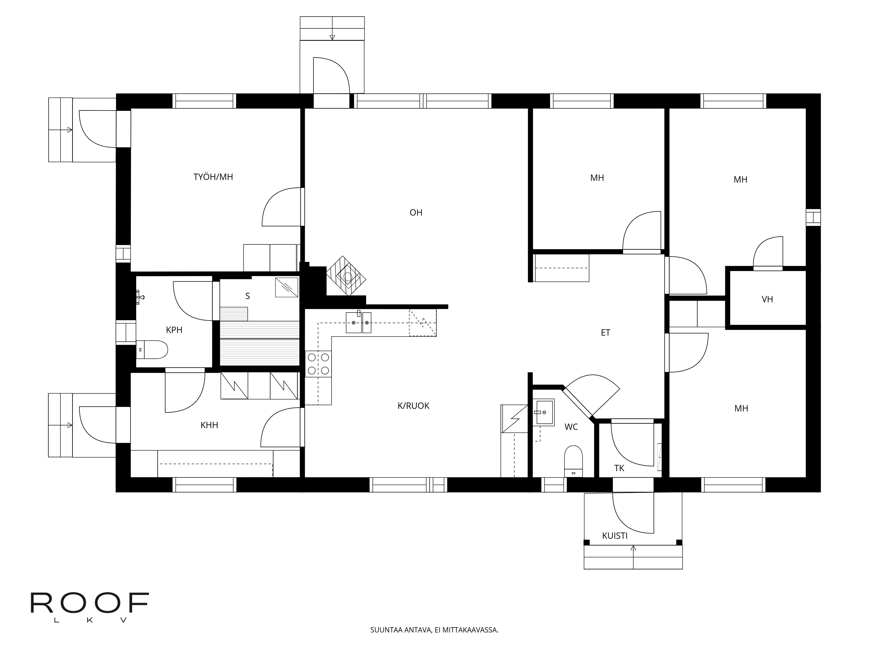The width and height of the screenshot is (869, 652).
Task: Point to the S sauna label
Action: (247, 296)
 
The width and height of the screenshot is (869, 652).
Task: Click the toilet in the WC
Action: (574, 461)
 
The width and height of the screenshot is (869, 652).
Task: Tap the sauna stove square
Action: (286, 287)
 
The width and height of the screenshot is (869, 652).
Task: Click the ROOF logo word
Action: (90, 603)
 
